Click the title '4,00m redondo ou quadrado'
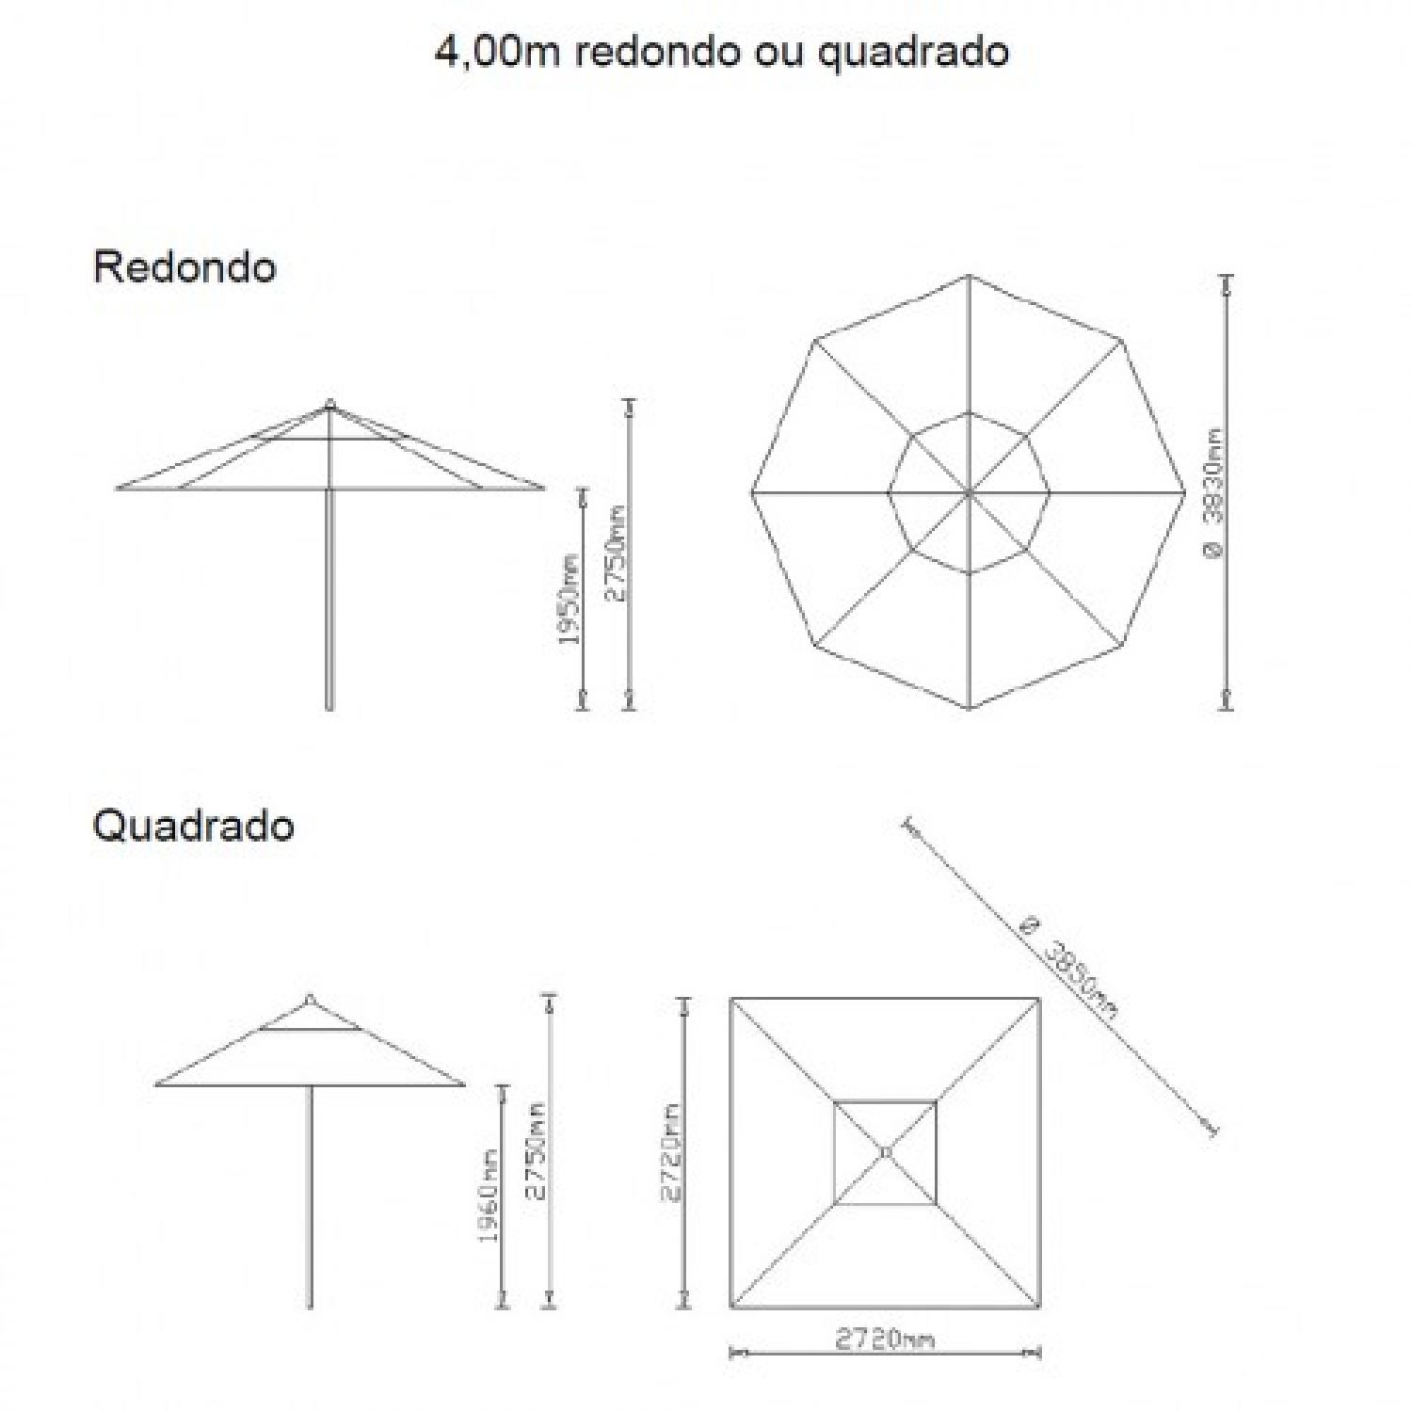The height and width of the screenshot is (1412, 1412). click(721, 51)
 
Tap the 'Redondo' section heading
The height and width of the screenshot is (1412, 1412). click(185, 267)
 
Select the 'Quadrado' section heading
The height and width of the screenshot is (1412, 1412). click(193, 826)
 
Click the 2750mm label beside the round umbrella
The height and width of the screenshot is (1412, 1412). click(616, 554)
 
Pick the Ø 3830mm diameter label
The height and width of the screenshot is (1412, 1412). click(1214, 494)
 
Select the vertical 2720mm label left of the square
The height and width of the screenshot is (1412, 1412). click(670, 1152)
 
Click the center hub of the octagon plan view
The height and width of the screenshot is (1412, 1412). click(970, 491)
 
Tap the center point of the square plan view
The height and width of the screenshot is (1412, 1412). click(886, 1152)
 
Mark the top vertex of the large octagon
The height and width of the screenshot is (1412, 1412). click(970, 276)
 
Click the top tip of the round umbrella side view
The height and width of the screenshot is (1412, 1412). click(329, 402)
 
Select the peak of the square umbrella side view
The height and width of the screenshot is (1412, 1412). click(310, 996)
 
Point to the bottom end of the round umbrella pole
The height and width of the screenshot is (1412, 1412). click(329, 709)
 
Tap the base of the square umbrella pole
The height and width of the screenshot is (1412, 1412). click(310, 1307)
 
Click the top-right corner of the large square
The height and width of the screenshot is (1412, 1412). click(1040, 999)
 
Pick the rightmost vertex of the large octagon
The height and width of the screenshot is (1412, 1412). click(1185, 491)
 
